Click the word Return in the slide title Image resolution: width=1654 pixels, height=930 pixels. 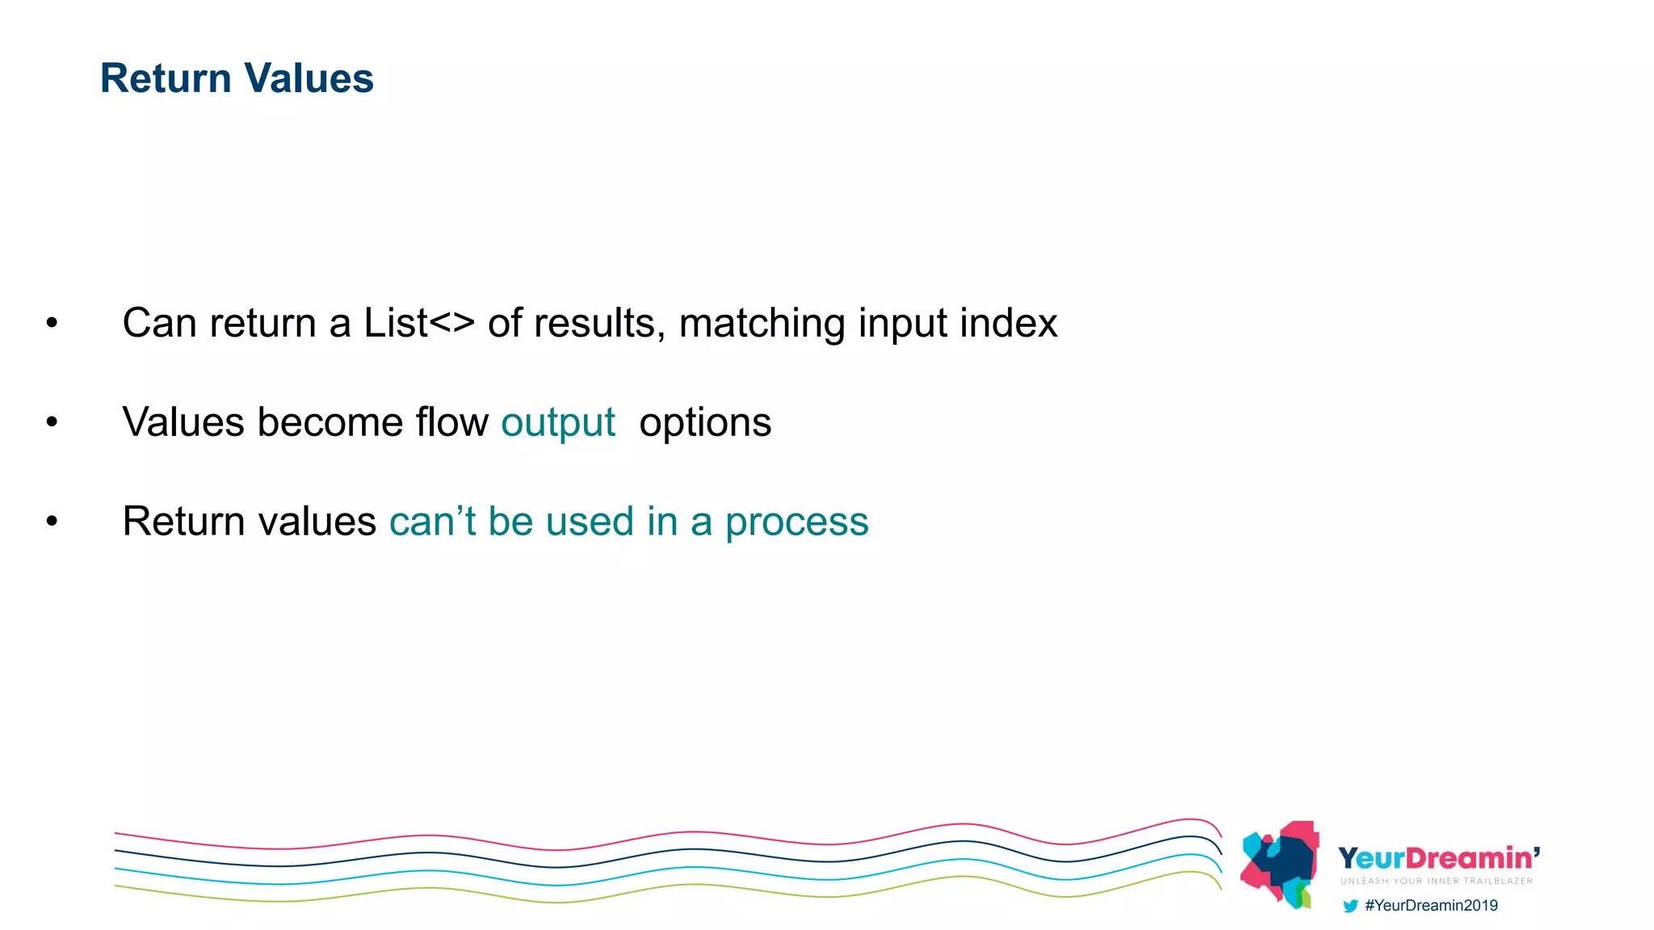(x=166, y=78)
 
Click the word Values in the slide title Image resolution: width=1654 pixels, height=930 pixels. (x=309, y=78)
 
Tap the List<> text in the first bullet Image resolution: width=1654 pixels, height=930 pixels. (x=418, y=323)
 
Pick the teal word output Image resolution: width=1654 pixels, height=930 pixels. (x=558, y=423)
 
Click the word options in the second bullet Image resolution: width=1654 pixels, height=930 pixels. (x=705, y=423)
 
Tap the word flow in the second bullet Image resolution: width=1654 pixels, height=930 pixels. (x=451, y=422)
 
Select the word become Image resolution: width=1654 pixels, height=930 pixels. (x=330, y=422)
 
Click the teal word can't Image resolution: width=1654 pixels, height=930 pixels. (x=432, y=522)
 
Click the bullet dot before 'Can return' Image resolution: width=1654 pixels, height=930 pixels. (x=52, y=324)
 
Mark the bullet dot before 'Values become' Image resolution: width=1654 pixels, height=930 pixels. (x=52, y=422)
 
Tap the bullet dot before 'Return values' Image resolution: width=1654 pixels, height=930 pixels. (x=52, y=522)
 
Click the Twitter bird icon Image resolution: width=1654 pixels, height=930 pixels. (x=1350, y=906)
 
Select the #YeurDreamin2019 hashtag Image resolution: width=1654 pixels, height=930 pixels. (x=1431, y=906)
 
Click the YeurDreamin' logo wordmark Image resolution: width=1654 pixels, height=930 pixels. (x=1438, y=858)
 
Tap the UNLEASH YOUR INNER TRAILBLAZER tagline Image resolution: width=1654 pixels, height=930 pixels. (x=1436, y=881)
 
